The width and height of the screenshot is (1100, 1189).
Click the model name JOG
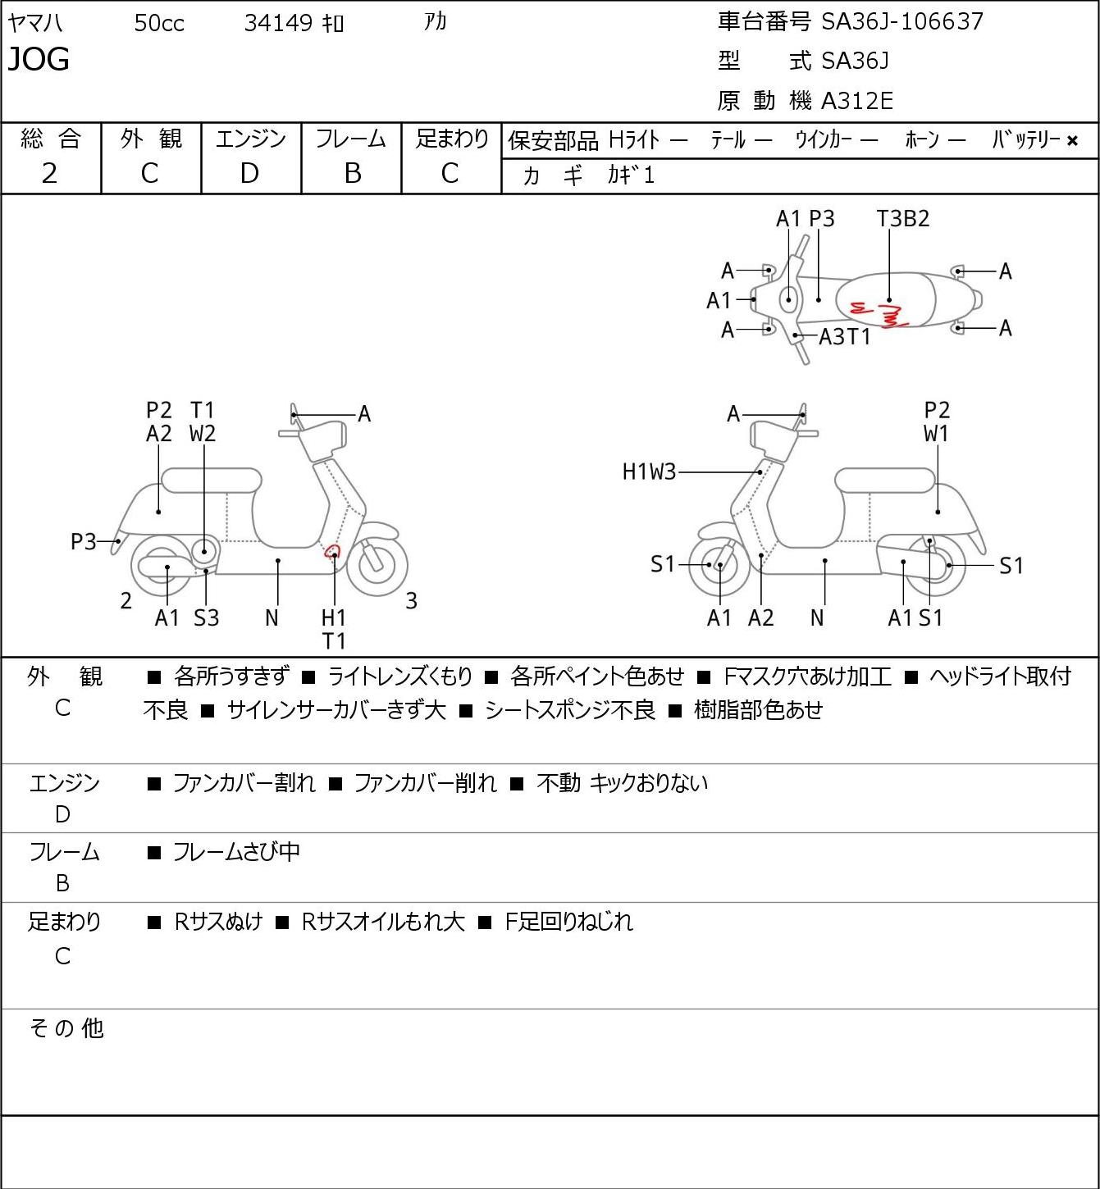coord(39,59)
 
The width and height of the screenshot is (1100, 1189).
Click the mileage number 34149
coord(278,23)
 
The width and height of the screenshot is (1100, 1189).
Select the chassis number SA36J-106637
coord(901,21)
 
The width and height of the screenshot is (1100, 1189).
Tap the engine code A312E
coord(856,101)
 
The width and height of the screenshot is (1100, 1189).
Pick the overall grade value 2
coord(50,174)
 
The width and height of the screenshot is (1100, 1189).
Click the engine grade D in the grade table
coord(249,174)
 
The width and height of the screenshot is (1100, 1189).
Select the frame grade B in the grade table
coord(352,174)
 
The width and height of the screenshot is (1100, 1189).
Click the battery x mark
coord(1072,141)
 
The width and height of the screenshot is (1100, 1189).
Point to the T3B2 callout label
coord(903,218)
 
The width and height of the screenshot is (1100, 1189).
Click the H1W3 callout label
coord(649,471)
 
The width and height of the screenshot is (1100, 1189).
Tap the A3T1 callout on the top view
coord(844,337)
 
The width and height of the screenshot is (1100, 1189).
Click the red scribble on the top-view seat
coord(879,313)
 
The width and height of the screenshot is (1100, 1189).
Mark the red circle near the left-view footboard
coord(332,551)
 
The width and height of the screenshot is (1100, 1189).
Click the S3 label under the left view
coord(206,617)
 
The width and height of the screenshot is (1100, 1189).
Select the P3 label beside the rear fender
coord(84,541)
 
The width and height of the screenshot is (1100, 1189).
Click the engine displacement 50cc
coord(159,23)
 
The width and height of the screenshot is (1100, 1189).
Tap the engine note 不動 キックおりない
coord(622,783)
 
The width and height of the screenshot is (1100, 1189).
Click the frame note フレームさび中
coord(236,851)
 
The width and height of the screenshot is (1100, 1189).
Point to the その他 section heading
coord(66,1028)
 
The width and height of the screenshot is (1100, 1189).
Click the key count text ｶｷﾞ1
coord(630,175)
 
